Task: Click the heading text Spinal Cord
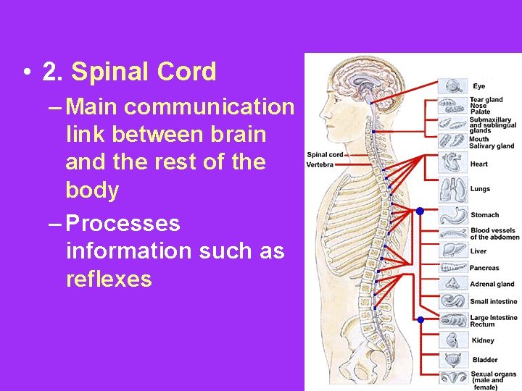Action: [x=144, y=72]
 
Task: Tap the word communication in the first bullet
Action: [x=209, y=107]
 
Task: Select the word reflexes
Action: [x=109, y=279]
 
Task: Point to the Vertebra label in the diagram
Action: [x=320, y=164]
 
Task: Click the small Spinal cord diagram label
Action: [x=324, y=154]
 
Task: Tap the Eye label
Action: [x=479, y=87]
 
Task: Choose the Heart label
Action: [x=478, y=164]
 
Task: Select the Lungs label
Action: [x=480, y=189]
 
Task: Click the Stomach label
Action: [x=484, y=215]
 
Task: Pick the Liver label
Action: [x=478, y=251]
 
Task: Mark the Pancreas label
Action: [x=484, y=268]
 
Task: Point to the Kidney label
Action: [x=482, y=340]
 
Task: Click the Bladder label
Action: [x=484, y=360]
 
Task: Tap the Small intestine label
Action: [x=494, y=301]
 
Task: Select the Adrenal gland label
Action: [x=492, y=285]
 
